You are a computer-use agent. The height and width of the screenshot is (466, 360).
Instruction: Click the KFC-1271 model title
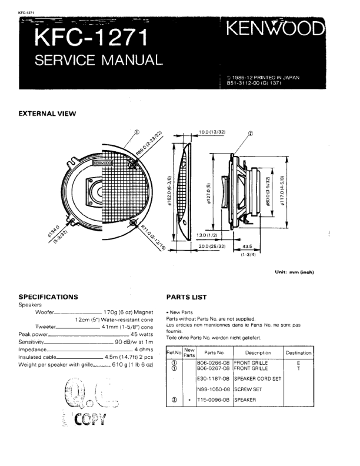click(91, 38)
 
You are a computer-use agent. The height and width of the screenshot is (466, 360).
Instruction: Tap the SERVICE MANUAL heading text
click(99, 60)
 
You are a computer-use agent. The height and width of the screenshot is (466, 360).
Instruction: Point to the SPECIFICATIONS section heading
click(48, 297)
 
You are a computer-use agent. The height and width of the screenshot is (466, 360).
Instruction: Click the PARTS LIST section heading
click(186, 297)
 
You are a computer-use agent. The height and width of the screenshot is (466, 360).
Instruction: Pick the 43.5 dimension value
click(246, 246)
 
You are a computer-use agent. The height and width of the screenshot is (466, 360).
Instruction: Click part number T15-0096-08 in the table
click(214, 400)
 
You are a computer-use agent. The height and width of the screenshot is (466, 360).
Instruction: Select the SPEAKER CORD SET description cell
click(258, 379)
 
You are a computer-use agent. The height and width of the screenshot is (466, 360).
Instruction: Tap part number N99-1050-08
click(214, 390)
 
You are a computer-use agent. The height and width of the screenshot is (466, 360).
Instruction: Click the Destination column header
click(298, 353)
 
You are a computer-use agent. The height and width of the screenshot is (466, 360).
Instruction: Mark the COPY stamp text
click(91, 419)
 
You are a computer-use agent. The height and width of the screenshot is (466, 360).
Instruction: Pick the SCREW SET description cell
click(248, 390)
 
